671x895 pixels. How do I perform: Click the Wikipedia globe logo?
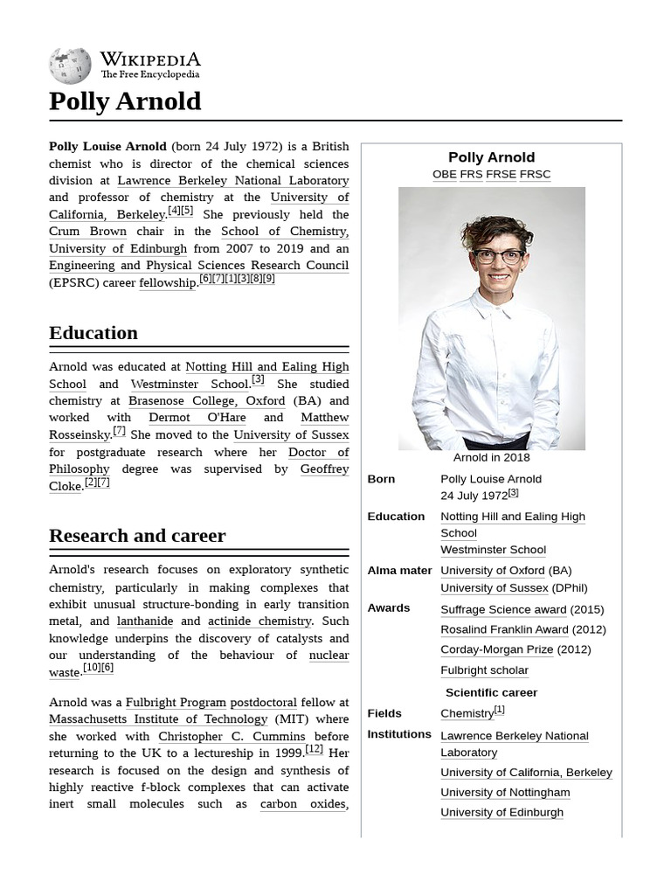pyautogui.click(x=70, y=65)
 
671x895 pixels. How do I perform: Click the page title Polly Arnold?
pyautogui.click(x=125, y=101)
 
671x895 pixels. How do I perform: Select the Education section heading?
pyautogui.click(x=93, y=333)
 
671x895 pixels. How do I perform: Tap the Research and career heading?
pyautogui.click(x=137, y=536)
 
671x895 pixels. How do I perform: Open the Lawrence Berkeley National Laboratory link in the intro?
pyautogui.click(x=232, y=181)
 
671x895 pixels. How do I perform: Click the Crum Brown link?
pyautogui.click(x=87, y=232)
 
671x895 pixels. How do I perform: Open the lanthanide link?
pyautogui.click(x=145, y=621)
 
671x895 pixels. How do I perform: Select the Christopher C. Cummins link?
pyautogui.click(x=232, y=737)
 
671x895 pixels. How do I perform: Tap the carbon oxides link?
pyautogui.click(x=302, y=804)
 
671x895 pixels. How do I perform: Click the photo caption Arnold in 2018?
pyautogui.click(x=491, y=457)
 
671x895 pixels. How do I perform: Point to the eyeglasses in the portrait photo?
pyautogui.click(x=498, y=256)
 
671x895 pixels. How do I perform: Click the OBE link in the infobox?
pyautogui.click(x=444, y=174)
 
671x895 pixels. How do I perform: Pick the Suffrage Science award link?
pyautogui.click(x=503, y=609)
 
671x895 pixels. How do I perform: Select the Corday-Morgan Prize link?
pyautogui.click(x=496, y=649)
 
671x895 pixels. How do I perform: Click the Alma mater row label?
pyautogui.click(x=399, y=571)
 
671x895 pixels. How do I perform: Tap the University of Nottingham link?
pyautogui.click(x=505, y=793)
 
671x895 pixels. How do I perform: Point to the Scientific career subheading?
pyautogui.click(x=491, y=692)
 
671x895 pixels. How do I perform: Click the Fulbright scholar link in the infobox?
pyautogui.click(x=484, y=670)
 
